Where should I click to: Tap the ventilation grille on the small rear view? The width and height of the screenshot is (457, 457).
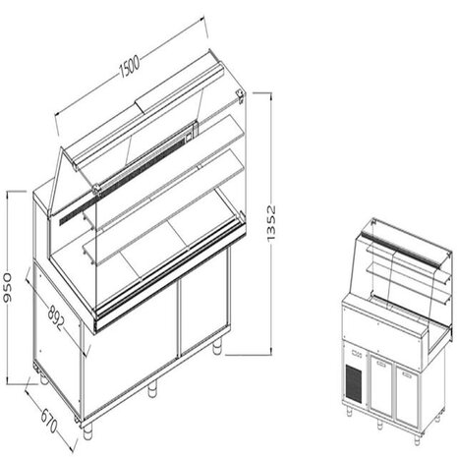click(353, 377)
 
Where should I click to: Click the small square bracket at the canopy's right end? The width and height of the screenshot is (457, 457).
click(240, 94)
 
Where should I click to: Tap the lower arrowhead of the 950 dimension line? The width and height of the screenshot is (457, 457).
click(12, 381)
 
